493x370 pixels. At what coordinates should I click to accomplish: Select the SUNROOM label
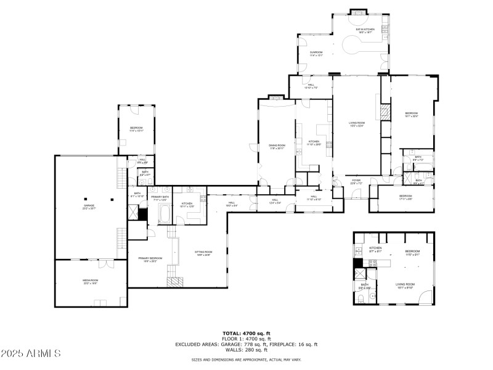[316, 53]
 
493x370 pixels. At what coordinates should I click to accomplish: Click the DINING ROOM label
[277, 146]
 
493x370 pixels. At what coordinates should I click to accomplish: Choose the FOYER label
[356, 182]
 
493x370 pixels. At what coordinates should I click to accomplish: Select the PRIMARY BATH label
[160, 199]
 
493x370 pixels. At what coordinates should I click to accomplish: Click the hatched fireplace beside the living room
[385, 112]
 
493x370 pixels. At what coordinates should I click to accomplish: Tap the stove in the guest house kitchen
[372, 263]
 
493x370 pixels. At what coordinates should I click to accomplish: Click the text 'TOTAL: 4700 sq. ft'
[246, 334]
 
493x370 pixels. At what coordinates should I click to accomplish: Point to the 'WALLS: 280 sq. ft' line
[246, 350]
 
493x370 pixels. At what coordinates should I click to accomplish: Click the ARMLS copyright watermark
[31, 354]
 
